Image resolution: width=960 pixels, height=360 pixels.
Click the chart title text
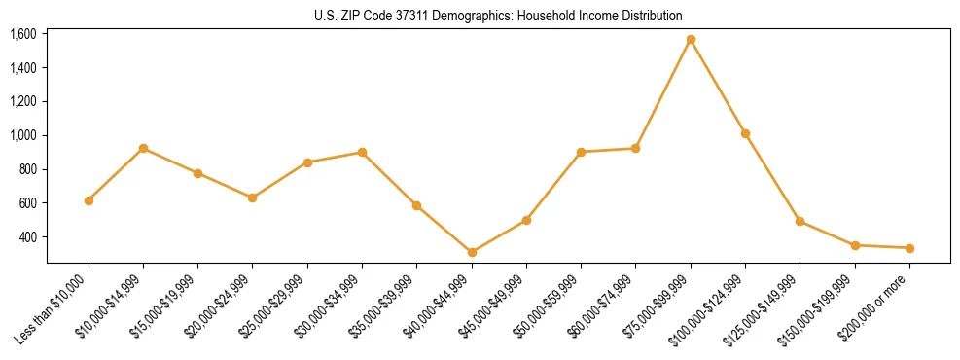(498, 16)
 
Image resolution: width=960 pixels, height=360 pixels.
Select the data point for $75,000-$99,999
(691, 40)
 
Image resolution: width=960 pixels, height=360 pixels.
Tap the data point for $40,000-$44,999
(472, 252)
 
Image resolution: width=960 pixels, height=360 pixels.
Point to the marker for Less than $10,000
(89, 200)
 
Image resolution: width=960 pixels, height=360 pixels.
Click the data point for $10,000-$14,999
(143, 148)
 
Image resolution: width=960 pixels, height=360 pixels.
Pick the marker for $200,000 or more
(909, 248)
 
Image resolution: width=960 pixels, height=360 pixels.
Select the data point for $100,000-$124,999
(745, 133)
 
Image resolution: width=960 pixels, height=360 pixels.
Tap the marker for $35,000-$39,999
(417, 205)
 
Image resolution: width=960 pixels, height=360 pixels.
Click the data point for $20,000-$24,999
(253, 198)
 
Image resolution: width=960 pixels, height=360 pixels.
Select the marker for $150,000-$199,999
(855, 245)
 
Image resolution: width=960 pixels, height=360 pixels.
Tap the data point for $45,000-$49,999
(526, 220)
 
